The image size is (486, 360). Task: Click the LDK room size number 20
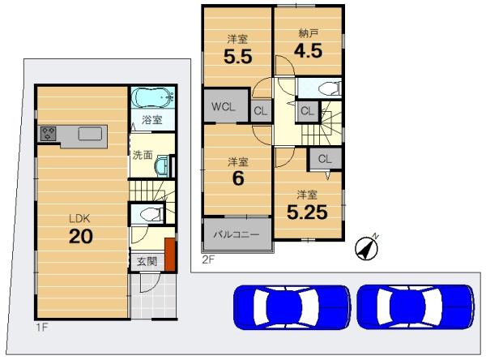[x=80, y=236]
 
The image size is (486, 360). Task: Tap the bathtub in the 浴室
[x=152, y=97]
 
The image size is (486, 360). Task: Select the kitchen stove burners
[x=48, y=133]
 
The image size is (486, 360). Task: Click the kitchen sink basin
[x=90, y=134]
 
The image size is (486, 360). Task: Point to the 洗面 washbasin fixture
[x=163, y=165]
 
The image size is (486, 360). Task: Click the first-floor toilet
[x=151, y=214]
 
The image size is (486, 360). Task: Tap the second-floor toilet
[x=330, y=88]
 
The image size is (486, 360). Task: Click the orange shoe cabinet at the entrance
[x=170, y=255]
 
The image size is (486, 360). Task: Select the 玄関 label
[x=147, y=262]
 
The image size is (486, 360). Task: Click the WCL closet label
[x=224, y=107]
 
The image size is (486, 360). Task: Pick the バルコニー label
[x=237, y=234]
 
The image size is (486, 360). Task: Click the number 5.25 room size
[x=307, y=212]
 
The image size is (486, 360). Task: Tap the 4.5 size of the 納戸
[x=308, y=50]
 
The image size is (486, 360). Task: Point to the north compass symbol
[x=367, y=247]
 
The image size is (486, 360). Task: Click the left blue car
[x=292, y=306]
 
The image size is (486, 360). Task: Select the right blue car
[x=416, y=306]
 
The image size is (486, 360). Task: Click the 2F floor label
[x=208, y=259]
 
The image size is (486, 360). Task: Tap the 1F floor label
[x=42, y=327]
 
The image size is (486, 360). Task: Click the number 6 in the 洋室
[x=238, y=178]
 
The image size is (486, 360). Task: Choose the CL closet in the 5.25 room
[x=325, y=159]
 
